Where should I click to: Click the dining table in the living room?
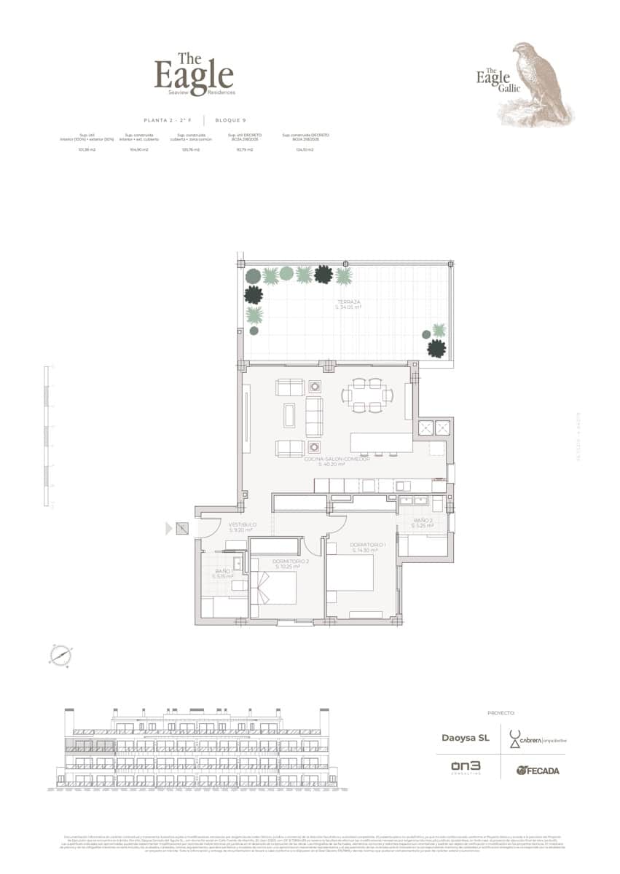[x=368, y=395]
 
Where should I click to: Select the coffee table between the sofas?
[x=291, y=415]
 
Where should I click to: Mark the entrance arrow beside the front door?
[x=169, y=529]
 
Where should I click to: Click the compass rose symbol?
[x=60, y=655]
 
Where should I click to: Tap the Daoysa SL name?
[x=466, y=738]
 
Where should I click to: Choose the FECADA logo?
[x=538, y=770]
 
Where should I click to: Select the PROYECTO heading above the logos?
[x=501, y=713]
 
